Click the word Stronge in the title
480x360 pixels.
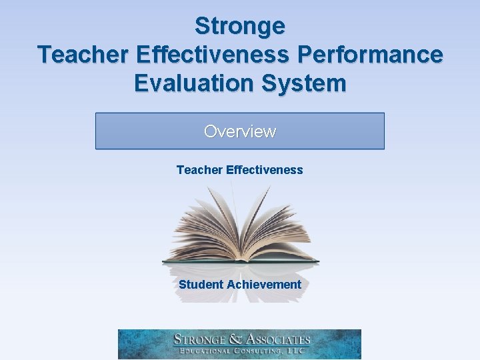(240, 26)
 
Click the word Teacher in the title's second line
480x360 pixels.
(79, 55)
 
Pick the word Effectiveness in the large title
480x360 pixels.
(212, 55)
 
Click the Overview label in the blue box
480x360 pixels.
(240, 131)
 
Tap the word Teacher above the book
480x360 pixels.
(199, 170)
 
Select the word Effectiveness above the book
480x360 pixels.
(265, 170)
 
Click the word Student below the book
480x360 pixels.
(201, 285)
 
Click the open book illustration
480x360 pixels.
(240, 227)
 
